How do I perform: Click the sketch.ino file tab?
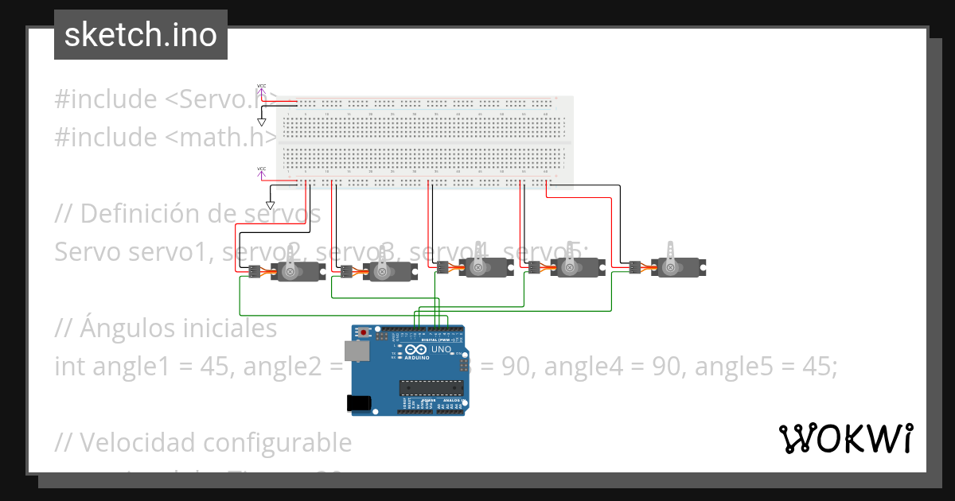(140, 35)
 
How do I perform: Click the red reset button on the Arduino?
(364, 332)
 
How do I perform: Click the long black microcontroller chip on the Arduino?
(431, 387)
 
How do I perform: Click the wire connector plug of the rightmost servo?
(634, 267)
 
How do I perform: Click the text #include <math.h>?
(159, 138)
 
